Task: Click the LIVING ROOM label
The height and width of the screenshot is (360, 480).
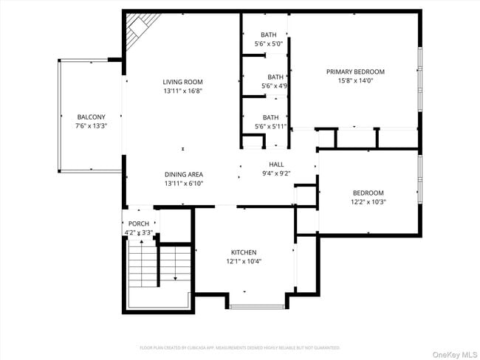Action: [x=183, y=82]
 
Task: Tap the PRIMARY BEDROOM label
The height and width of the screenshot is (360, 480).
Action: [x=355, y=72]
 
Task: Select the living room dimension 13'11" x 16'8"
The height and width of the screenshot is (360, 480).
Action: [x=183, y=91]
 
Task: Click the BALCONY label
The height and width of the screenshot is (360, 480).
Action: [x=92, y=117]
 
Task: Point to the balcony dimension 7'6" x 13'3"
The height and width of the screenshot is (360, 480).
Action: [x=92, y=126]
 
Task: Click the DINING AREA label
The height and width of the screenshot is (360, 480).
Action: [x=183, y=174]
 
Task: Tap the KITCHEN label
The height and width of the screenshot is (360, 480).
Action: [x=244, y=252]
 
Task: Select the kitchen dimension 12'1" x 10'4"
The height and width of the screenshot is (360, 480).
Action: [x=244, y=261]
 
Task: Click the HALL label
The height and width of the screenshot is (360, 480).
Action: [x=276, y=165]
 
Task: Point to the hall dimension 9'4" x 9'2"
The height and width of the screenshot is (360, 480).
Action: [x=276, y=173]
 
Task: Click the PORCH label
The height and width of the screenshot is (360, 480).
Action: [x=139, y=224]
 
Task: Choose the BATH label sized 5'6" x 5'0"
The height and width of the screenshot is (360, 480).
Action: [x=269, y=35]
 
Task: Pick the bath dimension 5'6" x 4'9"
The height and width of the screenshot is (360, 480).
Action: [x=275, y=86]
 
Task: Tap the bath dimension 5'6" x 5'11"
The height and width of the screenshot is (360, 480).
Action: [x=271, y=126]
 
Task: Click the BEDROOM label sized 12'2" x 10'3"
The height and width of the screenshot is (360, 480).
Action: [x=368, y=193]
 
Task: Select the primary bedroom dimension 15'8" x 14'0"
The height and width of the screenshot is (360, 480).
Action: [x=355, y=80]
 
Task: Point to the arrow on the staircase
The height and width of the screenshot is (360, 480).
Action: [x=175, y=277]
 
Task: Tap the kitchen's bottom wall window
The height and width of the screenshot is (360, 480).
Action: [x=252, y=306]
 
